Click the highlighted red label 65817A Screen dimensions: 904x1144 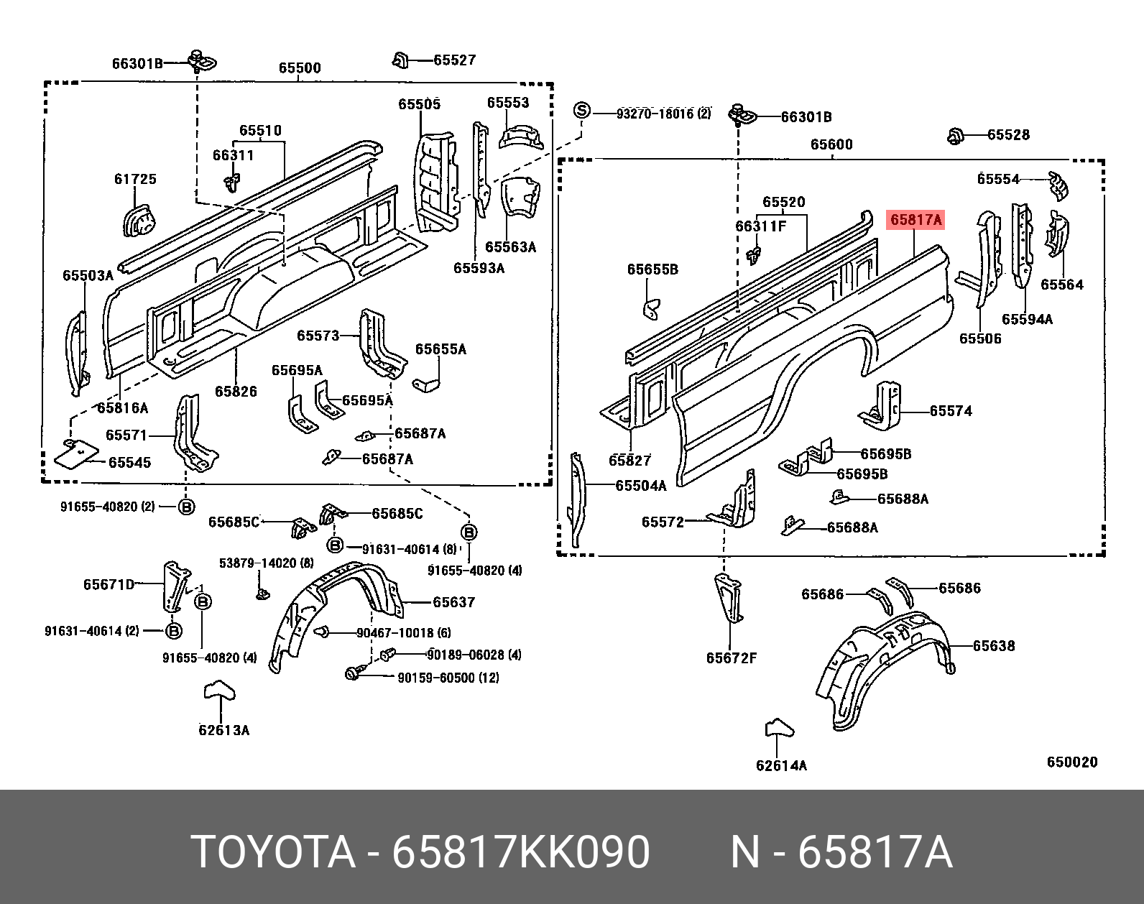[915, 220]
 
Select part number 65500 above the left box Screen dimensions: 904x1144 [300, 68]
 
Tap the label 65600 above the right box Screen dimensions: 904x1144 [831, 144]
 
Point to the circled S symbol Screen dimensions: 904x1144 [581, 111]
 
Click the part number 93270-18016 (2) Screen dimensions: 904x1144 [663, 114]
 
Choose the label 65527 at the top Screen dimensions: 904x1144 [454, 60]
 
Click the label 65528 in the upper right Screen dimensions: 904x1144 [1008, 135]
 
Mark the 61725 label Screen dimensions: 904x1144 [135, 179]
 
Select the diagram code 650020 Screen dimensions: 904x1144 [1072, 762]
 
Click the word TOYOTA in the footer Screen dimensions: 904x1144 [273, 853]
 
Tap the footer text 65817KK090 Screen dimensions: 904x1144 [520, 853]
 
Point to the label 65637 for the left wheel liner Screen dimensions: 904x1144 [453, 602]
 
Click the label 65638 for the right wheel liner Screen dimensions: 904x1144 [994, 646]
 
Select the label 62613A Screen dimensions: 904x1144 [223, 731]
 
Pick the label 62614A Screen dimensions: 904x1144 [781, 766]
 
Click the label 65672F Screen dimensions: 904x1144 [732, 658]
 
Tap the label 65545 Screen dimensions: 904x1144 [129, 463]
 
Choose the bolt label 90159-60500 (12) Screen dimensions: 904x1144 [448, 678]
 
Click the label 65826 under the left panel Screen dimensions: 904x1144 [236, 392]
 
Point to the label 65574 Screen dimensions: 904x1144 [951, 411]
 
